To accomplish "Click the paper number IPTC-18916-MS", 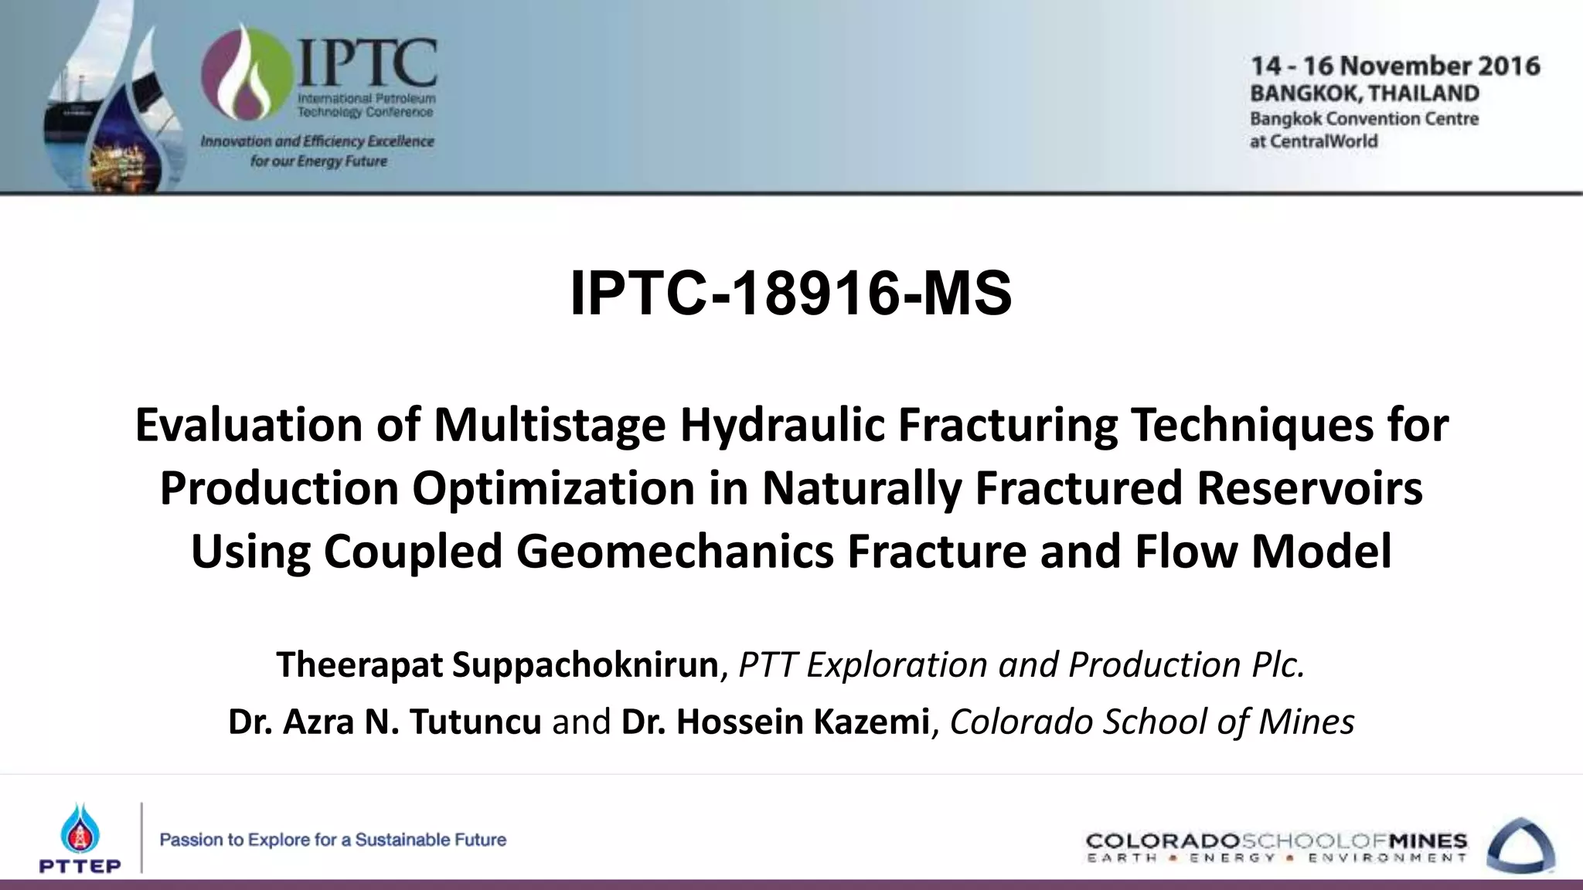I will tap(790, 294).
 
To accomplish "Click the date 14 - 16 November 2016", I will tap(1395, 66).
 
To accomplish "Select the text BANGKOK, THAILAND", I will tap(1364, 93).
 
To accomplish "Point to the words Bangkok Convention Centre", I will tap(1364, 119).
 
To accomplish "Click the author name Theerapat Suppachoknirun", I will tap(498, 665).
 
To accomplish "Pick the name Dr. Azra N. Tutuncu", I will tap(384, 722).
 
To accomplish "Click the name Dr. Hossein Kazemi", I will tap(774, 722).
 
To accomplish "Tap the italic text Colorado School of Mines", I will tap(1152, 722).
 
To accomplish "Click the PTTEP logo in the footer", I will tap(80, 838).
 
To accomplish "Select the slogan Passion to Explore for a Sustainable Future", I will tap(332, 840).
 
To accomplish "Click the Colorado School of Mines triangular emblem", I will tap(1520, 846).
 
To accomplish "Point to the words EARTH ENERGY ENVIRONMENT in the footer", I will tap(1276, 858).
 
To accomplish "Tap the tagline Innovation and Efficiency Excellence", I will tap(317, 141).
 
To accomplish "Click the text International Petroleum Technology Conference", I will tap(366, 106).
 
